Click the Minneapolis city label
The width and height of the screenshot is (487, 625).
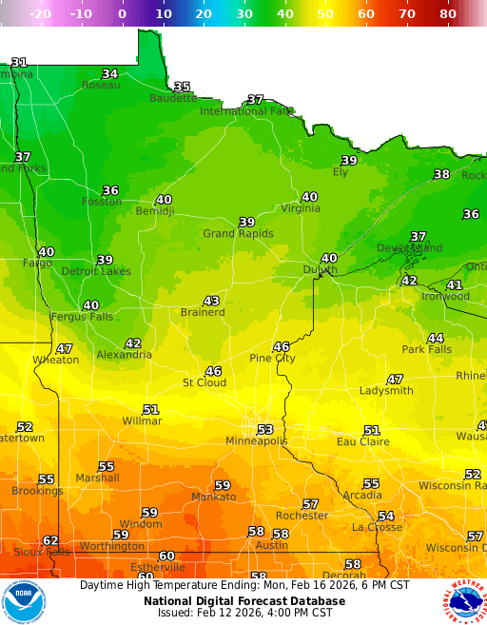tap(256, 441)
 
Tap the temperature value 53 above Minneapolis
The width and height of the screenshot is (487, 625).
tap(265, 430)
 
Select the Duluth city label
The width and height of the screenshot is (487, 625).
tap(320, 270)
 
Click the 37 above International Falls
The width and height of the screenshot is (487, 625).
tap(256, 100)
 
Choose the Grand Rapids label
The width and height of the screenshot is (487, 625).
tap(238, 234)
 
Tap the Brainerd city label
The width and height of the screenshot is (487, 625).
tap(203, 312)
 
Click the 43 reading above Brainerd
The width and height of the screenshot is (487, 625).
tap(211, 301)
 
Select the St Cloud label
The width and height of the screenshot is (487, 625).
tap(205, 382)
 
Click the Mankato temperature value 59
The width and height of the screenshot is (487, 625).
tap(222, 485)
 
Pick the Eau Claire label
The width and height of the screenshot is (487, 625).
tap(363, 441)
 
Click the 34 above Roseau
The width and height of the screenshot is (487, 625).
tap(110, 74)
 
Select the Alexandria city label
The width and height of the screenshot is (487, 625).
tap(124, 355)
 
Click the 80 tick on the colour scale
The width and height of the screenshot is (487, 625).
tap(448, 14)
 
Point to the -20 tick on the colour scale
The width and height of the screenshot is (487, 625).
tap(41, 14)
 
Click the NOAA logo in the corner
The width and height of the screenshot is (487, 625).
tap(24, 601)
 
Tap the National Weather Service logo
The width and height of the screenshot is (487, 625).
tap(463, 601)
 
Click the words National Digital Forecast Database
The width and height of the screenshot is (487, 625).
tap(243, 601)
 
